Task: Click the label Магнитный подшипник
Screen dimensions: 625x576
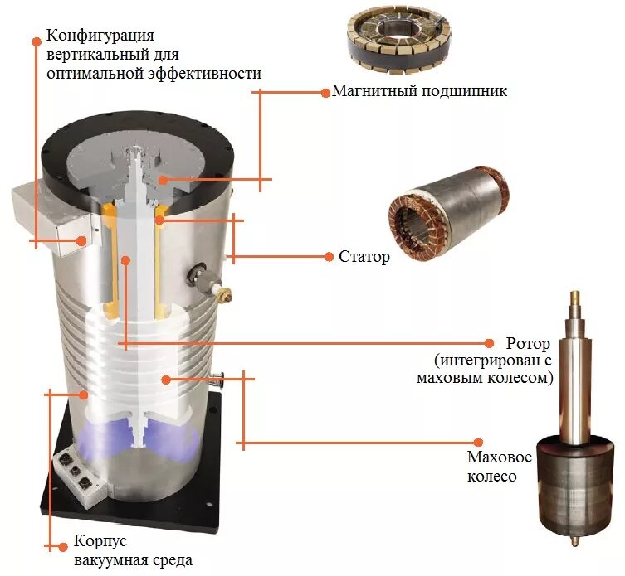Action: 419,92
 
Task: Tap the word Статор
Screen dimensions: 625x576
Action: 364,257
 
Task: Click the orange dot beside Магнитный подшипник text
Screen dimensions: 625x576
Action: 325,92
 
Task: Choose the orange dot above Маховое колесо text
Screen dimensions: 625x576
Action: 477,443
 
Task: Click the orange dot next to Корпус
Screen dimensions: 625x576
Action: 63,546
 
